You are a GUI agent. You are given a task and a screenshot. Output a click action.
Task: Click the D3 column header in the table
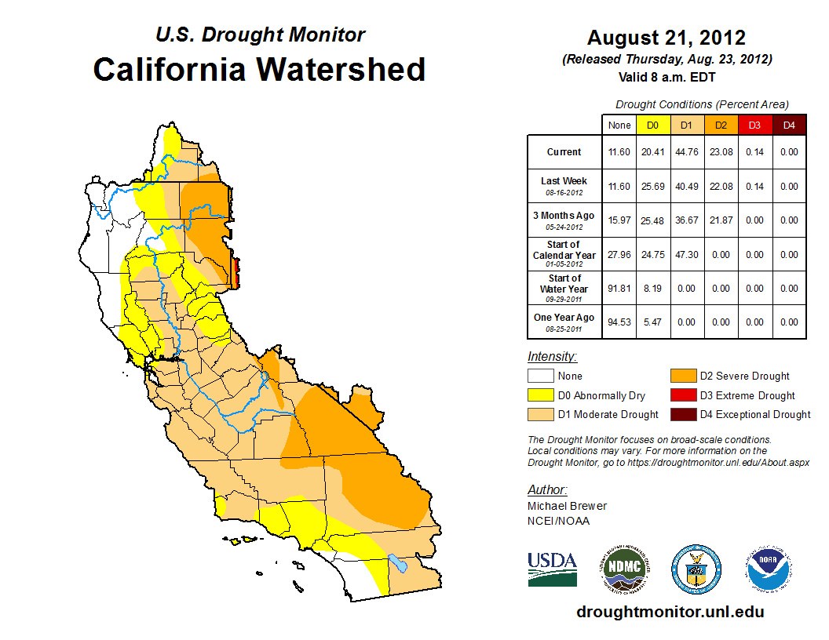[754, 125]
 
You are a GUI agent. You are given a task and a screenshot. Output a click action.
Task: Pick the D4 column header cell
[789, 125]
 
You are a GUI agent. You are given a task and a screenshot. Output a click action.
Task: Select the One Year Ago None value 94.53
[619, 322]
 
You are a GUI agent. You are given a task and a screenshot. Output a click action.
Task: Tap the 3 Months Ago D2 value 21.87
[721, 220]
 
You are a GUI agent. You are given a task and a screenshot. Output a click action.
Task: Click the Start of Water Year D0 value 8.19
[653, 289]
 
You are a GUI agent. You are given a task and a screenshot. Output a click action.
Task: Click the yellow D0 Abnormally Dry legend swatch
[540, 395]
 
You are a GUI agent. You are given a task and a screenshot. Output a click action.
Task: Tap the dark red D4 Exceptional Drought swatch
[681, 415]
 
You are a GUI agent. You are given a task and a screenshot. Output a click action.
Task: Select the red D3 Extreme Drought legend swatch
[681, 395]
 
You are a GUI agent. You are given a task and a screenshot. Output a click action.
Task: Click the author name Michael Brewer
[567, 506]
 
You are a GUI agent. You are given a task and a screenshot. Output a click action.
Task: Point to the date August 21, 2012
[666, 38]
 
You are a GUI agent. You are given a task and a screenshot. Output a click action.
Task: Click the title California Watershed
[259, 70]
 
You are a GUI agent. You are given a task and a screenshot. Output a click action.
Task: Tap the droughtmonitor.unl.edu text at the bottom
[670, 612]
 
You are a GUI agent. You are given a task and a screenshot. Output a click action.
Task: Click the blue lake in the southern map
[397, 563]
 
